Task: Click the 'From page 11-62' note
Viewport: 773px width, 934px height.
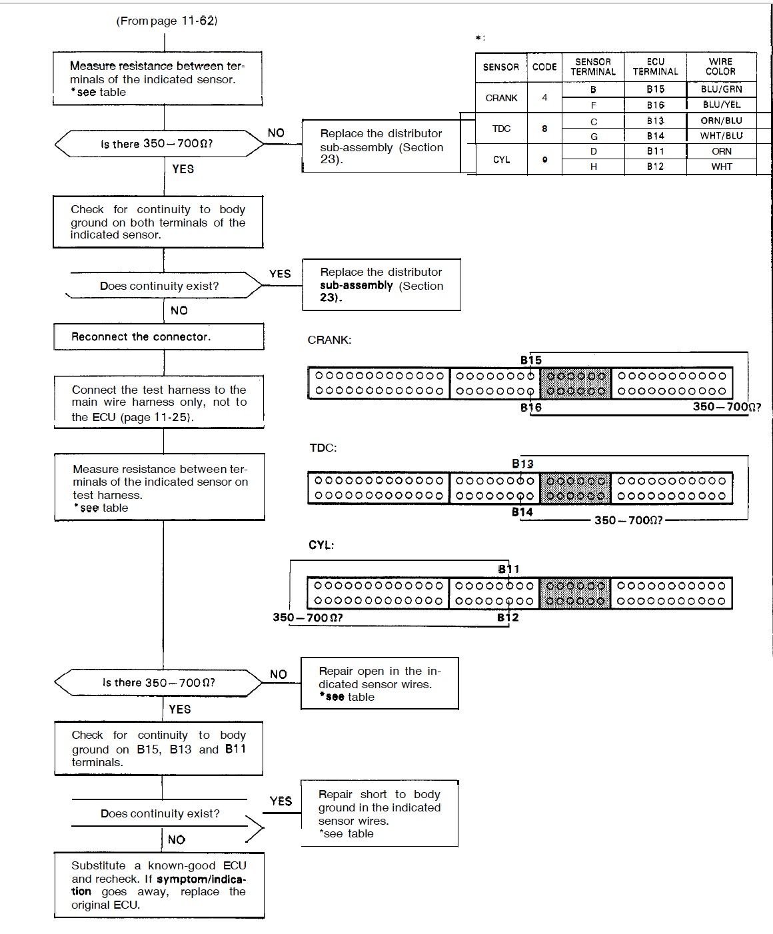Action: click(x=167, y=21)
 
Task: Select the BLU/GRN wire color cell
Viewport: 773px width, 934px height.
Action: click(x=721, y=89)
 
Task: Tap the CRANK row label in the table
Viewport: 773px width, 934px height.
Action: click(x=501, y=98)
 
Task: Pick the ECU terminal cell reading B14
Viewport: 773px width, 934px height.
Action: click(x=655, y=136)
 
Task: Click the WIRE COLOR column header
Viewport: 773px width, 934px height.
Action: click(x=720, y=66)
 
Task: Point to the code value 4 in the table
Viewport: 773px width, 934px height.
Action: click(x=544, y=98)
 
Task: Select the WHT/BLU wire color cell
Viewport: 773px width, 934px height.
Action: click(x=721, y=136)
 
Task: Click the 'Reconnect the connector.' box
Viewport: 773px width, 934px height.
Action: click(x=159, y=337)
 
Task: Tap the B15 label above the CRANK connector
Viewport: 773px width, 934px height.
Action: click(x=531, y=360)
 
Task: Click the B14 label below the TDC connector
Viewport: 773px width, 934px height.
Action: click(x=522, y=512)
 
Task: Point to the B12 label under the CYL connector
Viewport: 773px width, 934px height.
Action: click(x=508, y=618)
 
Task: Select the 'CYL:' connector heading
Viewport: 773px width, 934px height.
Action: click(x=321, y=545)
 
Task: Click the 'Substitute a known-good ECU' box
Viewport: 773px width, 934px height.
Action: click(x=159, y=885)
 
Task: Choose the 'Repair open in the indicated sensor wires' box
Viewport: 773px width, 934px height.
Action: click(x=380, y=684)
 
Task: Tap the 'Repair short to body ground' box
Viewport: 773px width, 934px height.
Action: click(x=379, y=813)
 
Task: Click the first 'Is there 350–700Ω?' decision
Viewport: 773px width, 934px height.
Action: click(x=159, y=144)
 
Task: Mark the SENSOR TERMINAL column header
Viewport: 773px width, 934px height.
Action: click(x=593, y=66)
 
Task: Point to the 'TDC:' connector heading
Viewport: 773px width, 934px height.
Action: click(x=323, y=448)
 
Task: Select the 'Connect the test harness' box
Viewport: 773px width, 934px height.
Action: click(x=159, y=403)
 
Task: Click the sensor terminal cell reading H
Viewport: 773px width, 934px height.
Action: click(x=593, y=167)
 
